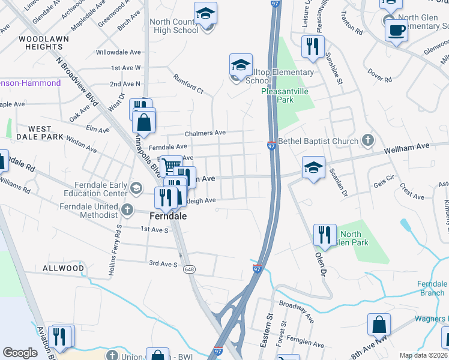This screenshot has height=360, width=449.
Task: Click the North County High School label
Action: [x=173, y=26]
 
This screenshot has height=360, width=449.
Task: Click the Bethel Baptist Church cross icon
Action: [x=369, y=141]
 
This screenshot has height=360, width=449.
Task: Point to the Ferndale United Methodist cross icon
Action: [x=126, y=209]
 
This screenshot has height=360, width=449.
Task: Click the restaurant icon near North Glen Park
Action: [x=325, y=235]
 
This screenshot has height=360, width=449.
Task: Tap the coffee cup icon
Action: [x=396, y=30]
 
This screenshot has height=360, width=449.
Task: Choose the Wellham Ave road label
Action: [x=408, y=146]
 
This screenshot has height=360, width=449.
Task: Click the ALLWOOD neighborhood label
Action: [x=63, y=268]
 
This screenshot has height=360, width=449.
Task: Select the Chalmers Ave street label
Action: [x=205, y=133]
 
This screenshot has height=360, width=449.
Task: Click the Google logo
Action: [x=20, y=353]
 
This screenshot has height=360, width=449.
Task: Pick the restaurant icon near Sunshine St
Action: [x=313, y=47]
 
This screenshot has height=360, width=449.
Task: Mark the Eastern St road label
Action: [x=267, y=328]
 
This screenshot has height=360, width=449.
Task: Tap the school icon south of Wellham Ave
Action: [x=313, y=169]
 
